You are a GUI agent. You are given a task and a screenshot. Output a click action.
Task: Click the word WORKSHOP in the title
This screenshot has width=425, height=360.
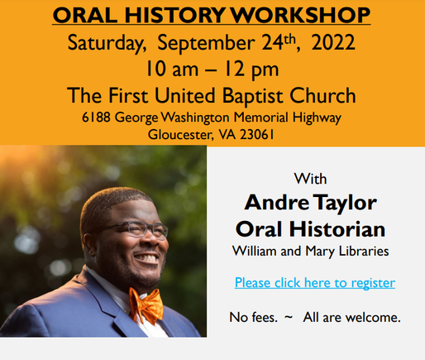300,15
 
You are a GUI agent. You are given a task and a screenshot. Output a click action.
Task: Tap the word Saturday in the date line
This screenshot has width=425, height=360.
107,44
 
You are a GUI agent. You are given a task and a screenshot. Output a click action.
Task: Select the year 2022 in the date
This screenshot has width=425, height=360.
333,42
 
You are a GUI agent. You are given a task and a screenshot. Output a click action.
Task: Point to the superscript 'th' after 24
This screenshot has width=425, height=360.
289,40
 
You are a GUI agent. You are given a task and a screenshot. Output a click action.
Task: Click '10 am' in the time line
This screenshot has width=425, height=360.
172,69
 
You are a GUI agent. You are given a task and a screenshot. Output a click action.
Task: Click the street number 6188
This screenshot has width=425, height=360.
96,118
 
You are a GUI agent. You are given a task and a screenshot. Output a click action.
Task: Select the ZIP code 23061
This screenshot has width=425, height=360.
257,135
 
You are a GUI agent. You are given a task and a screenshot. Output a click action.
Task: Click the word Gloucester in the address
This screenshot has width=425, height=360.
180,135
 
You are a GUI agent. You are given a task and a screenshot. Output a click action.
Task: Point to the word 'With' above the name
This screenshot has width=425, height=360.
310,179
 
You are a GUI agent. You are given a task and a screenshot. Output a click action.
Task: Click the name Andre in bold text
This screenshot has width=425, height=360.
276,203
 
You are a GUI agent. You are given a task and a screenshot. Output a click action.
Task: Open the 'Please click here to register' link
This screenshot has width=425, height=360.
315,283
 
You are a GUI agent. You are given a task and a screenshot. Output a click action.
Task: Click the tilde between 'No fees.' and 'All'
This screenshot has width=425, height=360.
289,317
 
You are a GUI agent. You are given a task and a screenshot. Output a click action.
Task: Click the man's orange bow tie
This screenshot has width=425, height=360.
146,305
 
